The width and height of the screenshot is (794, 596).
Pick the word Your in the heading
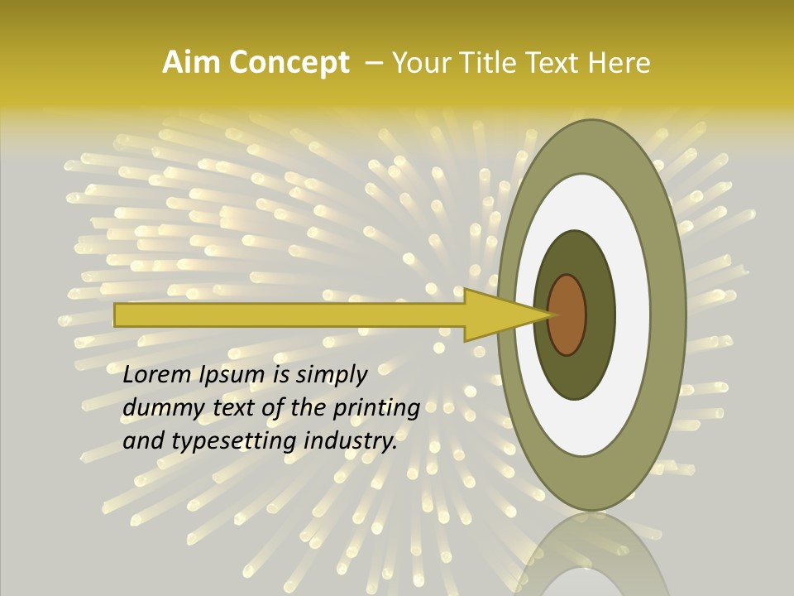[421, 63]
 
